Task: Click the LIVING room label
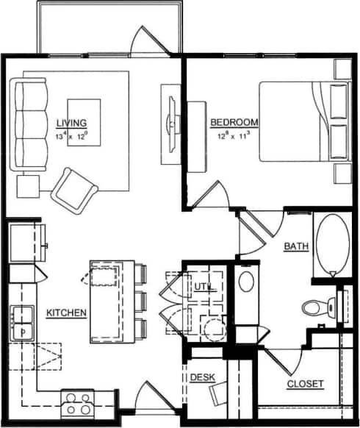(71, 122)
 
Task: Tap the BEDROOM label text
(234, 122)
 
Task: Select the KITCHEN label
(67, 313)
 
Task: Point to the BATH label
(296, 247)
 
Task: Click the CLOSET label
(305, 384)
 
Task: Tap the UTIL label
(204, 285)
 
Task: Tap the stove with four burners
(76, 404)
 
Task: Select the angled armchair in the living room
(73, 189)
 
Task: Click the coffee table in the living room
(84, 122)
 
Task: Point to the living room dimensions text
(71, 136)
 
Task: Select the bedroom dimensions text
(234, 135)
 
